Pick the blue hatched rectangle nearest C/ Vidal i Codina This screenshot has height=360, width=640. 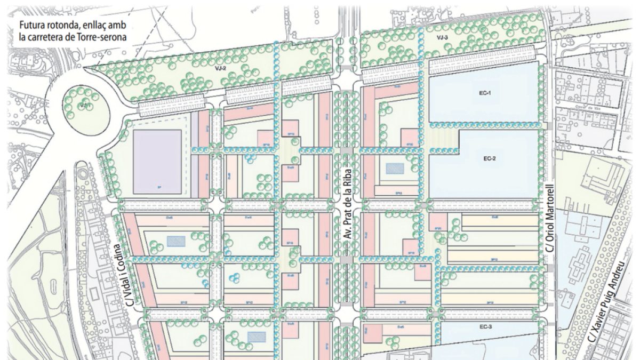(175, 241)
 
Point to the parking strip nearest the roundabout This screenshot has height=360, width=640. (172, 106)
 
